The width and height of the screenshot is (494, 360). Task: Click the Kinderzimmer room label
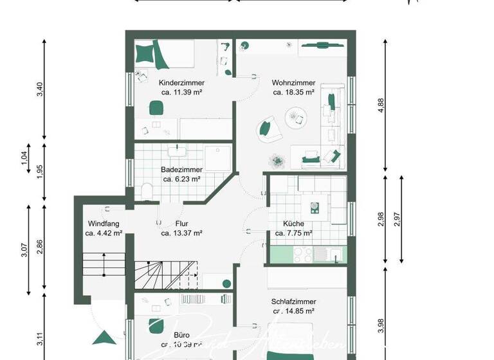[181, 83]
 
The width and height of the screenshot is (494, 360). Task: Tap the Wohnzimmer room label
[293, 83]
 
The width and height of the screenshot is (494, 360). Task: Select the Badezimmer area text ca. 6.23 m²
[181, 179]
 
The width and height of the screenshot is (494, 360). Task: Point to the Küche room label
[294, 224]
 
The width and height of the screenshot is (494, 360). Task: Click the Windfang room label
[104, 224]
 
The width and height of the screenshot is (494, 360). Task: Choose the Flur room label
[181, 224]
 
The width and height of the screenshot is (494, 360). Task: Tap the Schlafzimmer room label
[293, 301]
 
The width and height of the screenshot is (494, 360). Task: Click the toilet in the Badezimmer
[147, 191]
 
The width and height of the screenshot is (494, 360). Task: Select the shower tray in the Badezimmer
[217, 157]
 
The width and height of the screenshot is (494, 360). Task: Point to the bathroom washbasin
[176, 152]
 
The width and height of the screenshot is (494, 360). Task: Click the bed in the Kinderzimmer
[154, 54]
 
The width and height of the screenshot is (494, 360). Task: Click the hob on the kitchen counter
[315, 208]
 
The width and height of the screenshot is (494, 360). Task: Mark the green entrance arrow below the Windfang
[102, 338]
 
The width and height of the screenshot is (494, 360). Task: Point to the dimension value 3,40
[41, 90]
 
